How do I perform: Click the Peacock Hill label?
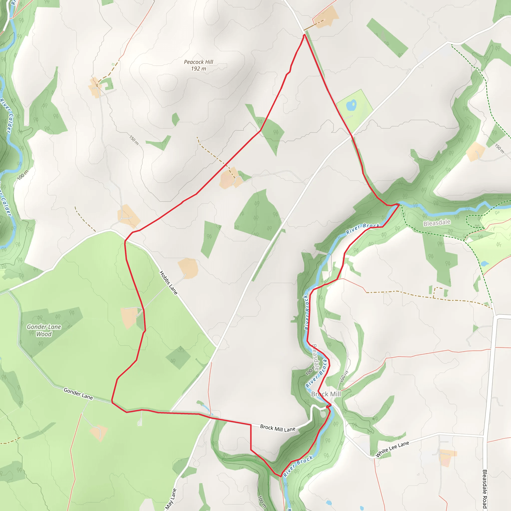click(x=198, y=62)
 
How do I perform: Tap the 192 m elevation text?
click(x=198, y=69)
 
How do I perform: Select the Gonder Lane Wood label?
click(x=44, y=330)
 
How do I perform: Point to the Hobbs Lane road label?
click(x=168, y=283)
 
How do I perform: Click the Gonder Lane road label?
click(x=78, y=393)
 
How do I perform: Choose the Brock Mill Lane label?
click(x=277, y=428)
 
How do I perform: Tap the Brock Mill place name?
click(x=326, y=394)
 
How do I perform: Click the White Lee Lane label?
click(x=392, y=449)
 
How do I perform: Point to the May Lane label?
click(x=171, y=499)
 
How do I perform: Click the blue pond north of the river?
click(x=352, y=105)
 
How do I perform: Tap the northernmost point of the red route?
click(x=305, y=35)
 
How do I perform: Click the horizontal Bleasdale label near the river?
click(x=437, y=223)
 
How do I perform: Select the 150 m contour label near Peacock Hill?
click(x=134, y=140)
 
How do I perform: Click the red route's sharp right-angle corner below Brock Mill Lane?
click(x=251, y=425)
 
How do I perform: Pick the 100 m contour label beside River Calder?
click(x=23, y=175)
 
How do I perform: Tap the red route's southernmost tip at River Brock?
click(x=281, y=477)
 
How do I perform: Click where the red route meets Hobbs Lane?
click(x=125, y=241)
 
